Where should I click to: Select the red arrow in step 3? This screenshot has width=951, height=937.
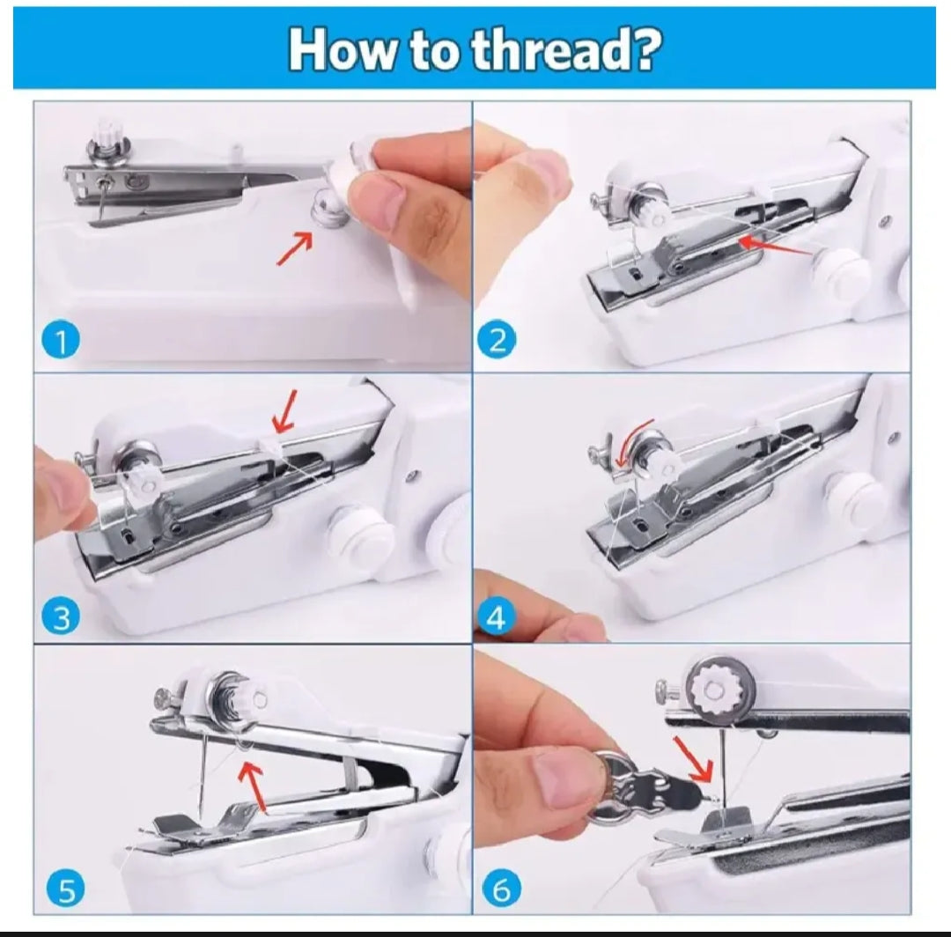[x=284, y=411]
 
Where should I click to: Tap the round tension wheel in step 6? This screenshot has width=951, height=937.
[x=716, y=687]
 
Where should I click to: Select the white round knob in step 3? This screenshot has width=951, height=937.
[x=360, y=535]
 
